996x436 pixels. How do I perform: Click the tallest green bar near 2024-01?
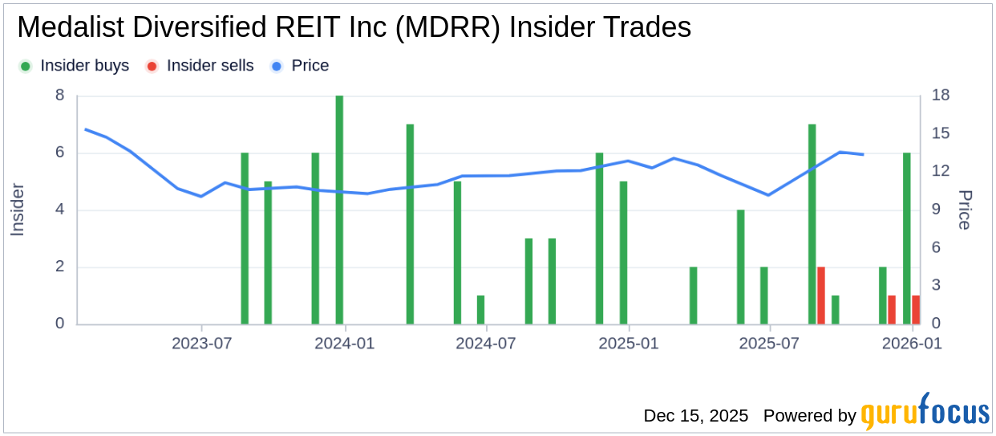[x=339, y=210]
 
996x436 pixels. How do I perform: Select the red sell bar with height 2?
[x=820, y=295]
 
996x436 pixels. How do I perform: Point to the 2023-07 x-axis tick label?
[x=201, y=344]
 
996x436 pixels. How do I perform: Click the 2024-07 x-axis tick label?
[x=485, y=344]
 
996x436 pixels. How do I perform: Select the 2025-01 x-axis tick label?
[x=629, y=344]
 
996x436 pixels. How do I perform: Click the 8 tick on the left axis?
[x=59, y=96]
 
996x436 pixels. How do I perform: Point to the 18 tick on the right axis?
[x=941, y=96]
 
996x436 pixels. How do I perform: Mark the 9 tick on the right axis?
[x=937, y=210]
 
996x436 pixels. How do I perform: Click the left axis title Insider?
[x=18, y=210]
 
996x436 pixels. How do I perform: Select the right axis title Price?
[x=965, y=210]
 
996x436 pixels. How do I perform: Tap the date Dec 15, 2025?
[x=695, y=416]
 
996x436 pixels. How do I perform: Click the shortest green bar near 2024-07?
[x=480, y=310]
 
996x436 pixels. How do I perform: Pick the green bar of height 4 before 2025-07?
[x=741, y=267]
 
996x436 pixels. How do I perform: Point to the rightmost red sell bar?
[x=916, y=310]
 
